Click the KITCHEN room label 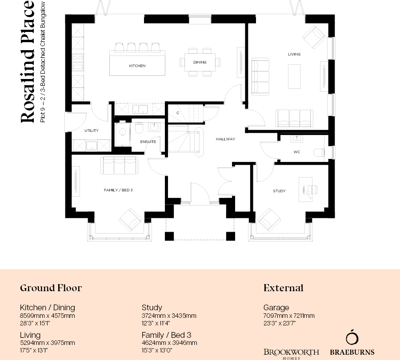(137, 66)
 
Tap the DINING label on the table (200, 62)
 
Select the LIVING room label (294, 54)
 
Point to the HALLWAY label (225, 139)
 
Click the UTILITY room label (92, 131)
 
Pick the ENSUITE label (148, 142)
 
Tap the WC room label (297, 152)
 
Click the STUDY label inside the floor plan (279, 191)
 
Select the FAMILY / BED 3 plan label (118, 190)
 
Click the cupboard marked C (177, 113)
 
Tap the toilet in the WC (318, 152)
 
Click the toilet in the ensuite (138, 128)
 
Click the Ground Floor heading (51, 288)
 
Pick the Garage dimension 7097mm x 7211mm (289, 316)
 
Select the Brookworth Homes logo (291, 353)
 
